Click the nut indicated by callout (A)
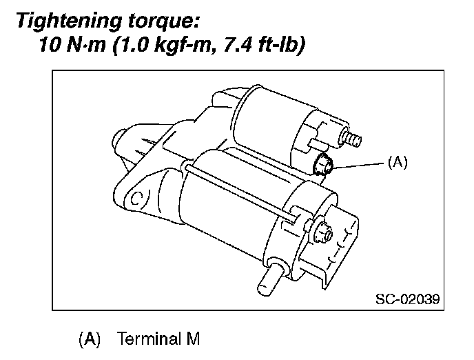pos(322,166)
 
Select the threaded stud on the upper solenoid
pos(353,140)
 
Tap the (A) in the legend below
pos(90,339)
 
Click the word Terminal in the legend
pos(147,339)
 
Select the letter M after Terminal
pos(191,339)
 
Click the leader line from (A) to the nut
pos(358,164)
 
